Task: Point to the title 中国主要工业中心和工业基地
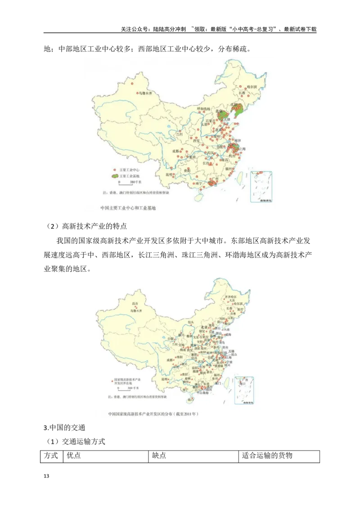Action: click(x=128, y=208)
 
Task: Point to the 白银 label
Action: click(x=171, y=338)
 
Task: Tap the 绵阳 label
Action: click(x=179, y=356)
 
